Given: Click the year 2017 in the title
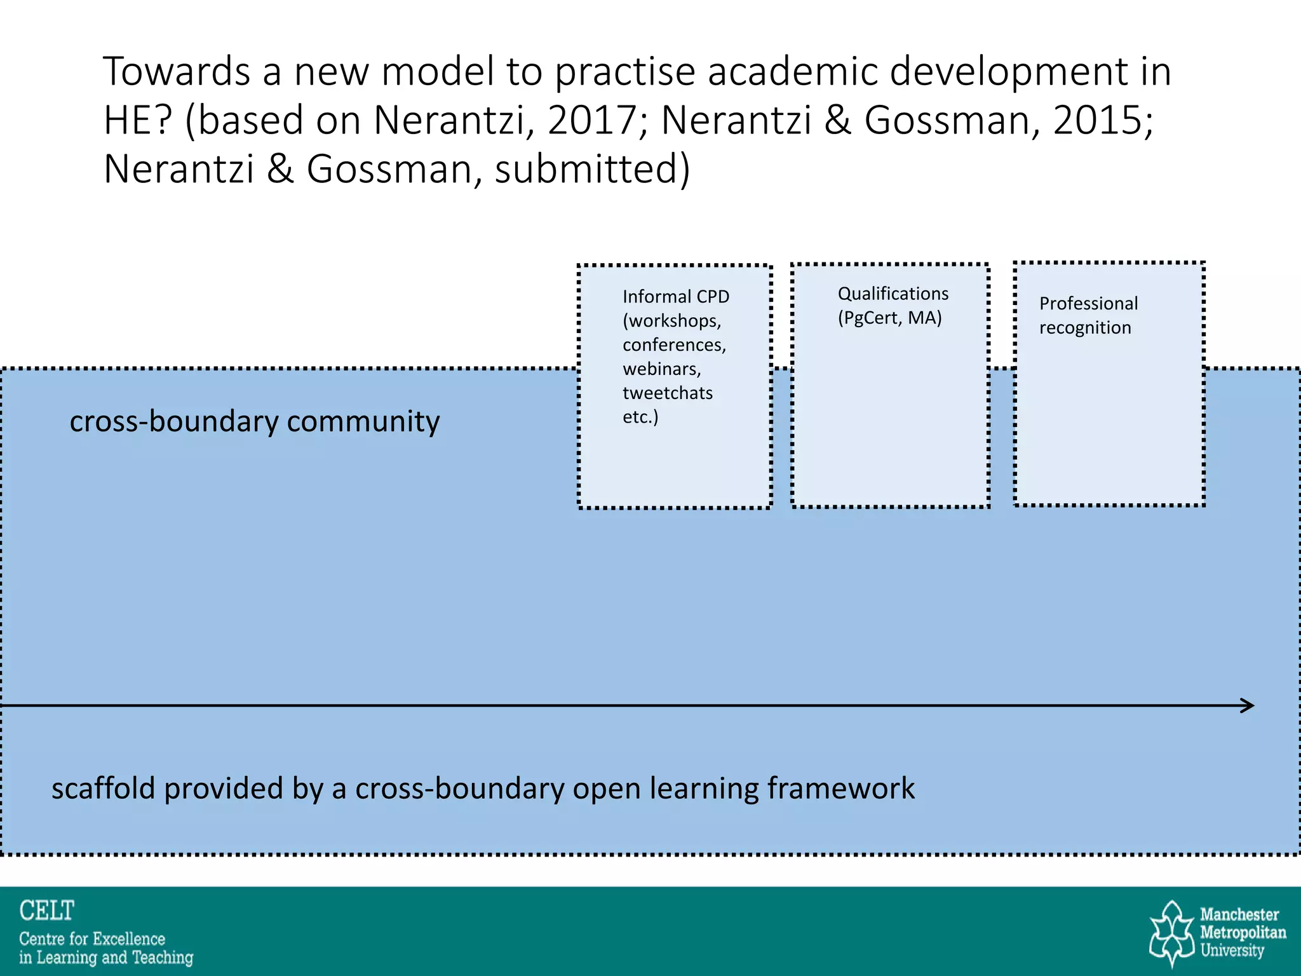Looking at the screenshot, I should pyautogui.click(x=597, y=119).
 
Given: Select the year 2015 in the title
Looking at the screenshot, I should pyautogui.click(x=1102, y=119).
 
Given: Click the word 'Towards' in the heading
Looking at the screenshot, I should pyautogui.click(x=177, y=71).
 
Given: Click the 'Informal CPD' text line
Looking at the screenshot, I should pyautogui.click(x=676, y=297).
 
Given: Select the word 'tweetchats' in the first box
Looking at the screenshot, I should pyautogui.click(x=668, y=393).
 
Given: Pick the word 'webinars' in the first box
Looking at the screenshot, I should pyautogui.click(x=661, y=369).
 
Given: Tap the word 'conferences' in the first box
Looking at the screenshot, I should pyautogui.click(x=673, y=344).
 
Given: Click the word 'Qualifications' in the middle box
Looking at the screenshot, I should pyautogui.click(x=893, y=294).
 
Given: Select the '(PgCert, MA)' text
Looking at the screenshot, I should pyautogui.click(x=889, y=318).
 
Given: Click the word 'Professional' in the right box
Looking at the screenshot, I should pyautogui.click(x=1088, y=304).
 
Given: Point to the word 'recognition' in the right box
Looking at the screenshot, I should pyautogui.click(x=1085, y=328).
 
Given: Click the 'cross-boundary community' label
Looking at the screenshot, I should pyautogui.click(x=254, y=421).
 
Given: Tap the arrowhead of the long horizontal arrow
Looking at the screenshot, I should pyautogui.click(x=1248, y=705).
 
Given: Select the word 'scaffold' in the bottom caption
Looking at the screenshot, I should pyautogui.click(x=104, y=789).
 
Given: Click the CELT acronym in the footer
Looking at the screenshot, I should pyautogui.click(x=47, y=911).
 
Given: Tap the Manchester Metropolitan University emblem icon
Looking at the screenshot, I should pyautogui.click(x=1172, y=933).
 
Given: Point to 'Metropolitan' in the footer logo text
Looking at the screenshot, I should pyautogui.click(x=1243, y=933).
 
